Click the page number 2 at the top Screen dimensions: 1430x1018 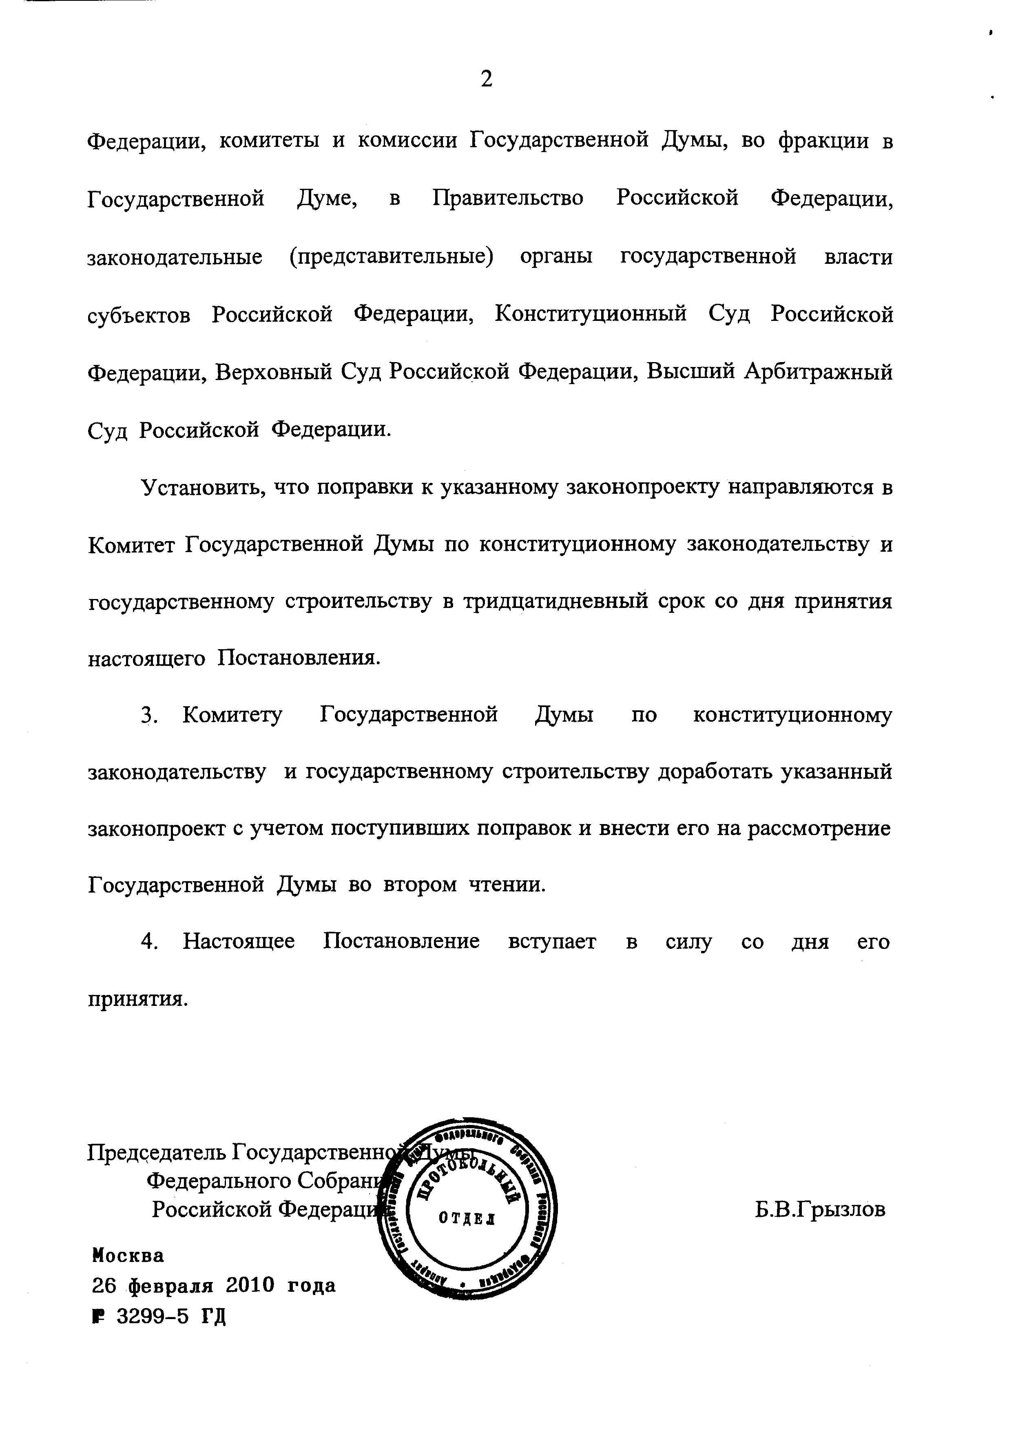pyautogui.click(x=487, y=80)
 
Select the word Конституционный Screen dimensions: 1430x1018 pyautogui.click(x=591, y=313)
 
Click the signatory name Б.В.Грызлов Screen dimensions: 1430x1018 pyautogui.click(x=820, y=1209)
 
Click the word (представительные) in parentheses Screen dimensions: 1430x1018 pyautogui.click(x=391, y=257)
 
